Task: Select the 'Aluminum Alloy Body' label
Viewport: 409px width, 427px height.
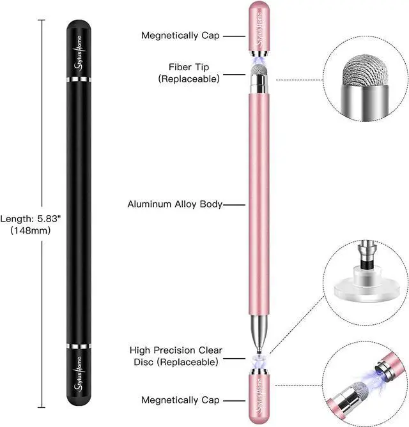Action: click(x=174, y=204)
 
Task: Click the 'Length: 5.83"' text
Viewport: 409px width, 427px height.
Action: click(x=30, y=218)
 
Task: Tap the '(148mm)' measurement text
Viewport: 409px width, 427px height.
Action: click(x=30, y=230)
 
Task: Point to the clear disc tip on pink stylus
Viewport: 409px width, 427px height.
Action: click(x=259, y=348)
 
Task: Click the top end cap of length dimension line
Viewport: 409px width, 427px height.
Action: click(x=43, y=20)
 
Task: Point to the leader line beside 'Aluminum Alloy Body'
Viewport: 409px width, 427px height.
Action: click(x=234, y=205)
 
